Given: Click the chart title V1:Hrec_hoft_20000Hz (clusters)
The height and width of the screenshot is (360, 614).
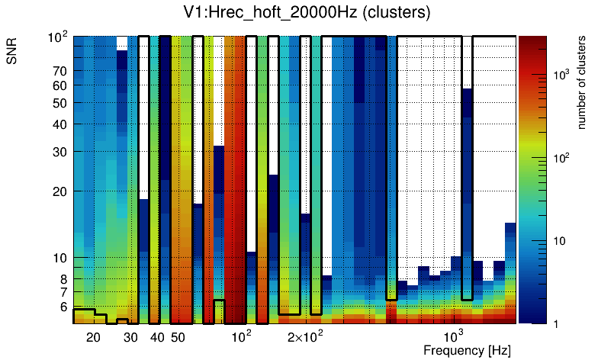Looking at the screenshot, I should pyautogui.click(x=307, y=14).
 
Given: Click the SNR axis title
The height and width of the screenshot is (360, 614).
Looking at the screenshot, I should pyautogui.click(x=12, y=50).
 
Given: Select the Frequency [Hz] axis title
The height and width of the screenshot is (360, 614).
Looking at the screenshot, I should pyautogui.click(x=467, y=350).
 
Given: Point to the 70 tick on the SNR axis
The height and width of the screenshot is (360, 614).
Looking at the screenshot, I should pyautogui.click(x=59, y=71).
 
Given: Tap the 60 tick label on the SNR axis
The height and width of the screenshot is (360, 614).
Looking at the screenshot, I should pyautogui.click(x=59, y=85).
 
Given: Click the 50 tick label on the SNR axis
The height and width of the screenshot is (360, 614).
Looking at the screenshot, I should pyautogui.click(x=59, y=103).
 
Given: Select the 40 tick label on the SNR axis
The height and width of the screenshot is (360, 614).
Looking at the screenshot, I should pyautogui.click(x=59, y=124).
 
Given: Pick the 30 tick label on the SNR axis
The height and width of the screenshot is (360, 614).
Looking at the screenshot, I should pyautogui.click(x=59, y=152).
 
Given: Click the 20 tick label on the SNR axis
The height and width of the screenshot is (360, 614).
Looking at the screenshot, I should pyautogui.click(x=59, y=191).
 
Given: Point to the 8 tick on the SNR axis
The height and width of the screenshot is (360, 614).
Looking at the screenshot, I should pyautogui.click(x=63, y=279).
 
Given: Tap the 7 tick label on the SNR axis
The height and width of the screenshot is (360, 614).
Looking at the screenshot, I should pyautogui.click(x=63, y=292).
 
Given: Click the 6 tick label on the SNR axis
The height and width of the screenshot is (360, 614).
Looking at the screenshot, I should pyautogui.click(x=63, y=307).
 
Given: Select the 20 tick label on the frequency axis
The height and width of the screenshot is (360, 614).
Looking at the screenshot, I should pyautogui.click(x=93, y=337).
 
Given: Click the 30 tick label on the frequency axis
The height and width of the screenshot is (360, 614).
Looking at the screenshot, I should pyautogui.click(x=130, y=337).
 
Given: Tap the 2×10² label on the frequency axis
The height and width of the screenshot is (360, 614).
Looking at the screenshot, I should pyautogui.click(x=305, y=336).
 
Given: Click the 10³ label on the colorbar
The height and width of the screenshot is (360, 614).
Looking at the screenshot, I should pyautogui.click(x=561, y=75).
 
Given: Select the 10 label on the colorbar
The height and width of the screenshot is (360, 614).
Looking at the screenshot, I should pyautogui.click(x=558, y=241).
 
